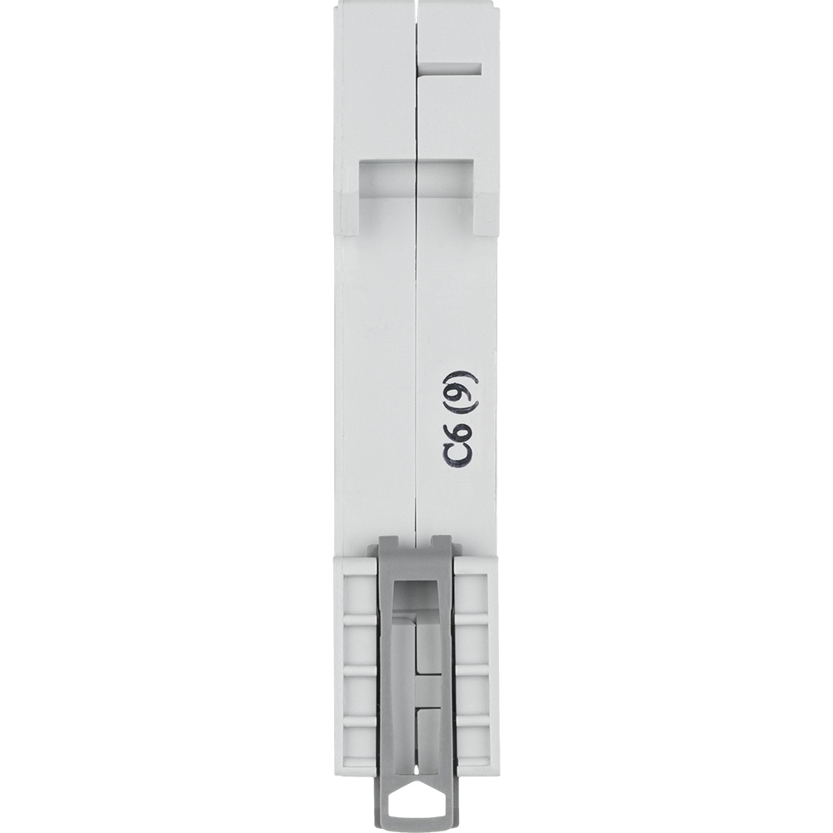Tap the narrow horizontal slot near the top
pos(450,68)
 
